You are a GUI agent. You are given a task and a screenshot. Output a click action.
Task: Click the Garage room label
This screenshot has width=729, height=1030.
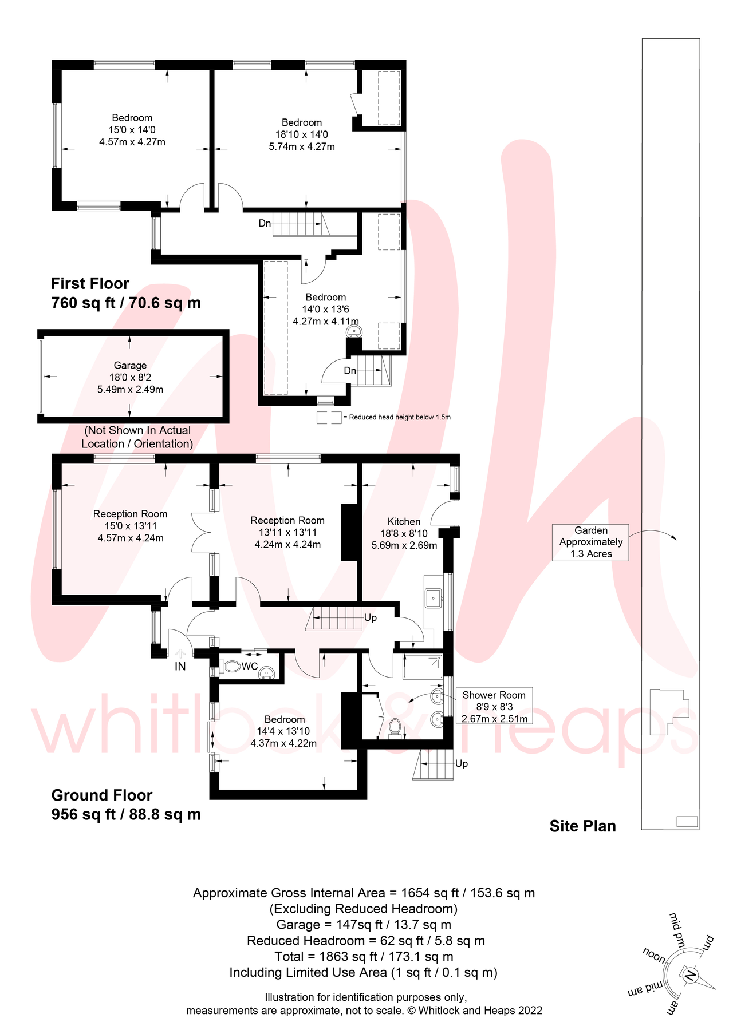[130, 366]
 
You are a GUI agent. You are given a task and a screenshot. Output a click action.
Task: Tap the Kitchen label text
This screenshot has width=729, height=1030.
[404, 521]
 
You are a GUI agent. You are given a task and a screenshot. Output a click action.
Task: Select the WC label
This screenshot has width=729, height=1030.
[250, 667]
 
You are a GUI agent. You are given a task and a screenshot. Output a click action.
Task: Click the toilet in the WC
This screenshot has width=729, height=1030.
[231, 667]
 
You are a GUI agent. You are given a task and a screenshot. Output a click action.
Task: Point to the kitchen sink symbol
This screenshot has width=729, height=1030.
[433, 598]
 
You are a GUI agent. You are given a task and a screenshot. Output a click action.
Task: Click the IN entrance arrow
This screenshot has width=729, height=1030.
[180, 653]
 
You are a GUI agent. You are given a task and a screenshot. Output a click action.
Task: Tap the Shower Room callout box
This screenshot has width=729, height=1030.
[494, 706]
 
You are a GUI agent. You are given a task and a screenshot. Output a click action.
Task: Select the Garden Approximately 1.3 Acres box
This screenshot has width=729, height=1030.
[590, 542]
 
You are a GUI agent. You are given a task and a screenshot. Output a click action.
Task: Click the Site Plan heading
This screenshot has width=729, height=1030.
[582, 826]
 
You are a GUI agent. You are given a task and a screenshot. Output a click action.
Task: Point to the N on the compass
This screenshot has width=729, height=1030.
[691, 975]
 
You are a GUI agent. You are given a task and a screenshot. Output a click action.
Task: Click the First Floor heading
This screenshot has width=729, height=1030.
[90, 284]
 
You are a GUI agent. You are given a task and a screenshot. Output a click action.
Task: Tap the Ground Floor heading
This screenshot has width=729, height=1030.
[102, 795]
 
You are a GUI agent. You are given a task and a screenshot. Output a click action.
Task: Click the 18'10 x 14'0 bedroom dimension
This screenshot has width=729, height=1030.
[301, 134]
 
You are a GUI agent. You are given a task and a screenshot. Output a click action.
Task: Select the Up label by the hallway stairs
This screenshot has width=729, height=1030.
[371, 618]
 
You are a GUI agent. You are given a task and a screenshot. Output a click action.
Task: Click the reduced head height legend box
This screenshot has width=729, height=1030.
[329, 418]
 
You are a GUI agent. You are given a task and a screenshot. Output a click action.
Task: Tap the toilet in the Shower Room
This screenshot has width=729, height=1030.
[395, 727]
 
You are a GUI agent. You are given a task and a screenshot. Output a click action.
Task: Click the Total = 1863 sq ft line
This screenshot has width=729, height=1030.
[364, 956]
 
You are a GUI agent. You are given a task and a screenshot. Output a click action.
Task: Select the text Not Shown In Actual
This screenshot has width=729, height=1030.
[137, 430]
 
